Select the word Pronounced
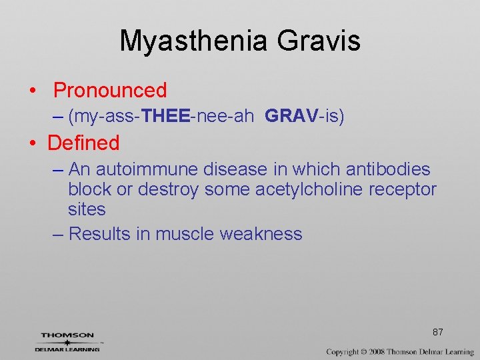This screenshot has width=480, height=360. point(110,90)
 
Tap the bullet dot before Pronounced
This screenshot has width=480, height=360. point(31,91)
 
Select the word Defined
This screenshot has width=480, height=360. point(83,143)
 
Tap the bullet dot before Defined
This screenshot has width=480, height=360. point(31,143)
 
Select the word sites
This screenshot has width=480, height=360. point(87,209)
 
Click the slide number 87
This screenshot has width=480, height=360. point(438,332)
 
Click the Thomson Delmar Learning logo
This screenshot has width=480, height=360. point(68,341)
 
